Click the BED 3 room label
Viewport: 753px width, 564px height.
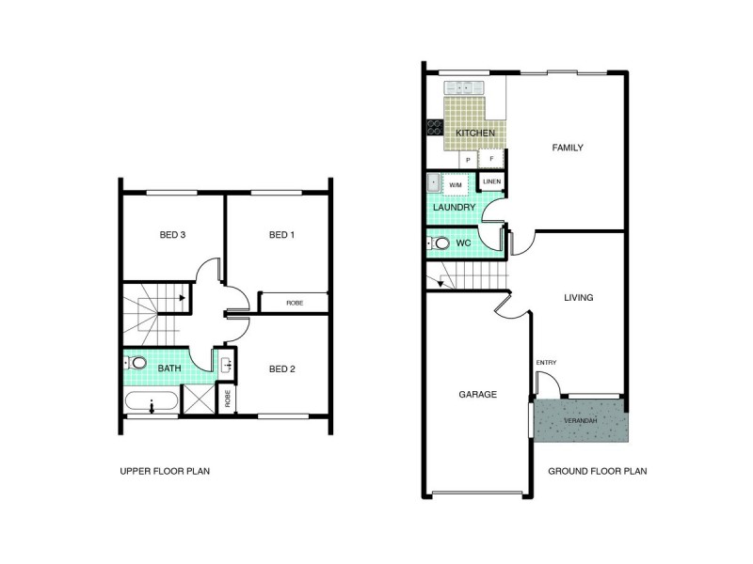coord(172,234)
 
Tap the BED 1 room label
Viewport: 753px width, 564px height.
coord(281,234)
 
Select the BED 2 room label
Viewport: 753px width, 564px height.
coord(281,368)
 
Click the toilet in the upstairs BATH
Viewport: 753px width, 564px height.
coord(136,363)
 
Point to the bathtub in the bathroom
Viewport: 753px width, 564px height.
coord(152,402)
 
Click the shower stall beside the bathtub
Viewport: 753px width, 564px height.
coord(200,399)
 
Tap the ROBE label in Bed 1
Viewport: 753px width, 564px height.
coord(295,303)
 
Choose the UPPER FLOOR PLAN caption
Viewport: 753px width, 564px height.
coord(165,472)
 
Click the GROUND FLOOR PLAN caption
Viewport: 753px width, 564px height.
coord(598,472)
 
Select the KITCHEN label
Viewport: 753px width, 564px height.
coord(475,133)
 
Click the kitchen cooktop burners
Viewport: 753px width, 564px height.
coord(435,127)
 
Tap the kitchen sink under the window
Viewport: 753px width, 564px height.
coord(463,88)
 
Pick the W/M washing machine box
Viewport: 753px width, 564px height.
coord(456,184)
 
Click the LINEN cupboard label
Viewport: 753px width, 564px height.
coord(491,181)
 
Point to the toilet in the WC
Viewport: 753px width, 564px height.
coord(439,243)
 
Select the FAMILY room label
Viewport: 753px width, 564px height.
coord(568,148)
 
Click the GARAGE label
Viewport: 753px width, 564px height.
coord(478,395)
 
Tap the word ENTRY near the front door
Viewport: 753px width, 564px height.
coord(547,363)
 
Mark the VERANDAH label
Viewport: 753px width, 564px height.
coord(581,420)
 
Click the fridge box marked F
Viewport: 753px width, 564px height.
coord(491,158)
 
